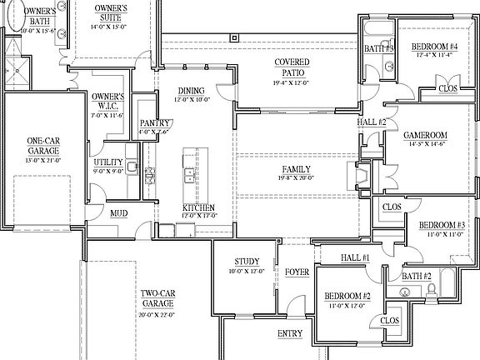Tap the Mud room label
click(x=119, y=213)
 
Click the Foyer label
click(x=297, y=272)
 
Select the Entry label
click(x=290, y=333)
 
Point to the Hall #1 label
click(x=355, y=258)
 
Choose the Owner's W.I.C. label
click(x=107, y=101)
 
